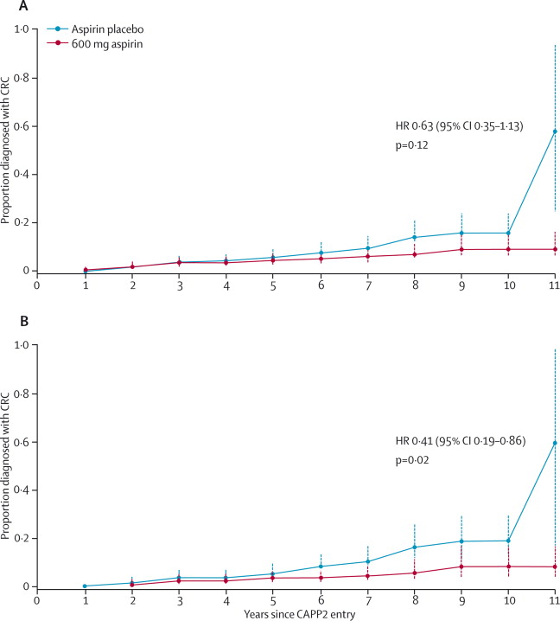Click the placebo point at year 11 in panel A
554,131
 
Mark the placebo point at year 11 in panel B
554,443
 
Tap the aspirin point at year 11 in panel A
554,249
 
